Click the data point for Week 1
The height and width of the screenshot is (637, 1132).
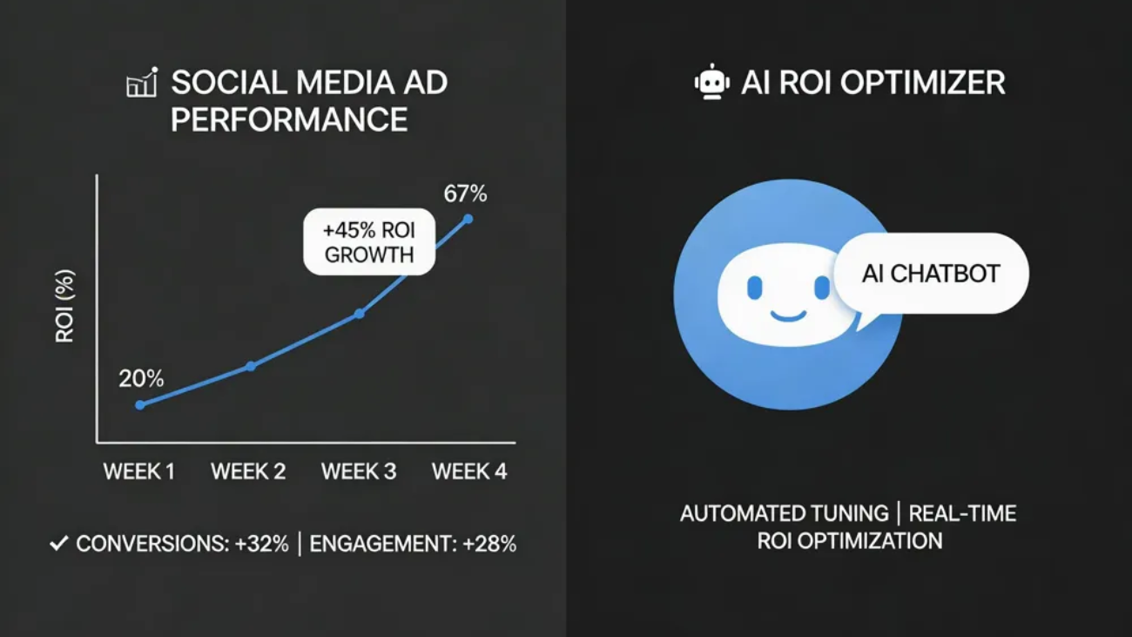[140, 404]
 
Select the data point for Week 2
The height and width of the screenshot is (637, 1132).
[251, 366]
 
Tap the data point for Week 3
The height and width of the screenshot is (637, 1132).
[359, 313]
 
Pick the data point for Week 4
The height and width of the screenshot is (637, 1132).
[468, 219]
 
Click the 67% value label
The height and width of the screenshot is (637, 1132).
[465, 193]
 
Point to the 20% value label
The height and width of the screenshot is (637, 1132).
[141, 378]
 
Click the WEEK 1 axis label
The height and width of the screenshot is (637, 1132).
[139, 472]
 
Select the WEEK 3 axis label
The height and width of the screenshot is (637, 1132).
[359, 472]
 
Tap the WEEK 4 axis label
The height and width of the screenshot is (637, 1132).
[469, 472]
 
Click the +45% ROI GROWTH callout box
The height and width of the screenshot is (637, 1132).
[368, 243]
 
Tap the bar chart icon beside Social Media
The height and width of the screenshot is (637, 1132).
[142, 83]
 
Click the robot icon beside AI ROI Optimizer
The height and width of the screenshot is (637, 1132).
[711, 82]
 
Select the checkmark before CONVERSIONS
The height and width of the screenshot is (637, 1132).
[59, 544]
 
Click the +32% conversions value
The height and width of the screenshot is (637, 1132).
[261, 544]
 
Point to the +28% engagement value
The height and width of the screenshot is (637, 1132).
[489, 544]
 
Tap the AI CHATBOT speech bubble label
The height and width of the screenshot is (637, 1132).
[931, 274]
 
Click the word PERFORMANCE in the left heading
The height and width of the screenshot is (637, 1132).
[289, 119]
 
